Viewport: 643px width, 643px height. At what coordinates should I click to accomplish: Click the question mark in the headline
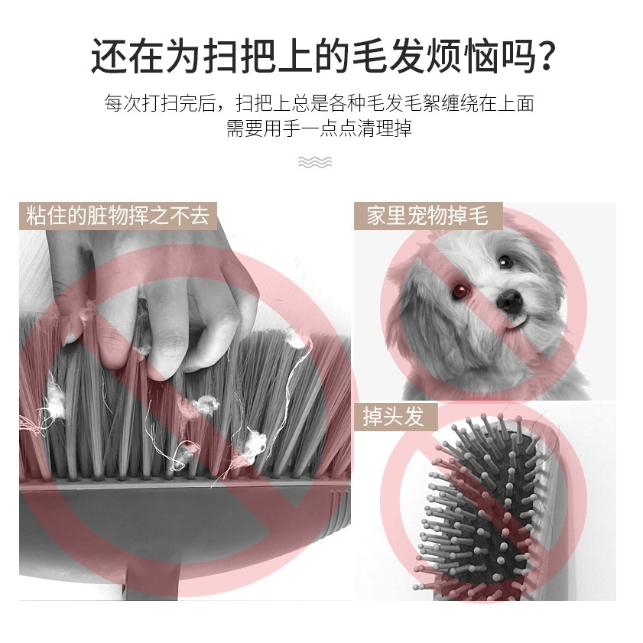[543, 57]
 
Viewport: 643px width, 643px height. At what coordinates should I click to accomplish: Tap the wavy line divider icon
[315, 162]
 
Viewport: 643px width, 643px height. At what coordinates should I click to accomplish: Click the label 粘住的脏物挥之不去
[118, 216]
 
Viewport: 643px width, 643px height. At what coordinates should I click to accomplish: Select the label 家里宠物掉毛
[427, 216]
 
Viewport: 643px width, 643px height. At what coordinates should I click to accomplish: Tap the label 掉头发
[393, 416]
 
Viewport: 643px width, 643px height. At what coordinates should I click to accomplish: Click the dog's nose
[509, 300]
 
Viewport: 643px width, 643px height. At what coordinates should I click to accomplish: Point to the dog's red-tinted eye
[459, 291]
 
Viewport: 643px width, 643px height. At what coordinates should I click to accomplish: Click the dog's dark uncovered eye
[505, 261]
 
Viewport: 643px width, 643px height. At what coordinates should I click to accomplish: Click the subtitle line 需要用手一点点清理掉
[319, 128]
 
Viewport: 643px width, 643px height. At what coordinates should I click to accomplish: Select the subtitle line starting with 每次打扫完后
[319, 103]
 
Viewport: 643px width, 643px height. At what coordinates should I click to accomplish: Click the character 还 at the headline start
[109, 57]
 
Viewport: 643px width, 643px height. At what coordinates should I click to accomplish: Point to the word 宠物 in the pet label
[427, 216]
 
